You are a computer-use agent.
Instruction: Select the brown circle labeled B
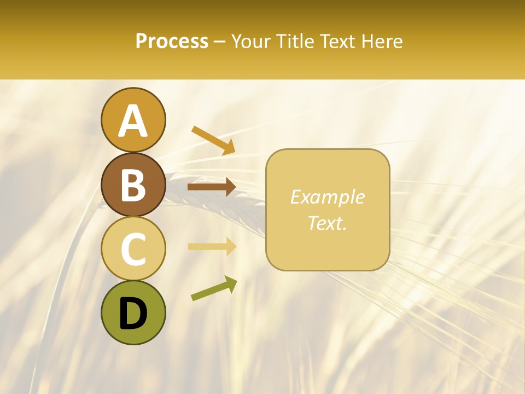[133, 184]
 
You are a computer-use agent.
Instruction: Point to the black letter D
[133, 314]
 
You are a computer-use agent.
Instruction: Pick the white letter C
[133, 250]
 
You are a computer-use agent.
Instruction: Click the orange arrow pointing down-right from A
[213, 140]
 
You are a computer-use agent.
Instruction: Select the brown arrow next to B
[212, 187]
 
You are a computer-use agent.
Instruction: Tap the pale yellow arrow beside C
[212, 247]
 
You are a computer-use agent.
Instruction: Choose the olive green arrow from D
[214, 288]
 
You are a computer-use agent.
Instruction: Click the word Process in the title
[172, 42]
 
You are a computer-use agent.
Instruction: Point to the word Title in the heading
[295, 42]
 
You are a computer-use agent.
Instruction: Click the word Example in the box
[327, 197]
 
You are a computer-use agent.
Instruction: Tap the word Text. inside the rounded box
[327, 223]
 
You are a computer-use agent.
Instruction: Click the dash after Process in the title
[220, 42]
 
